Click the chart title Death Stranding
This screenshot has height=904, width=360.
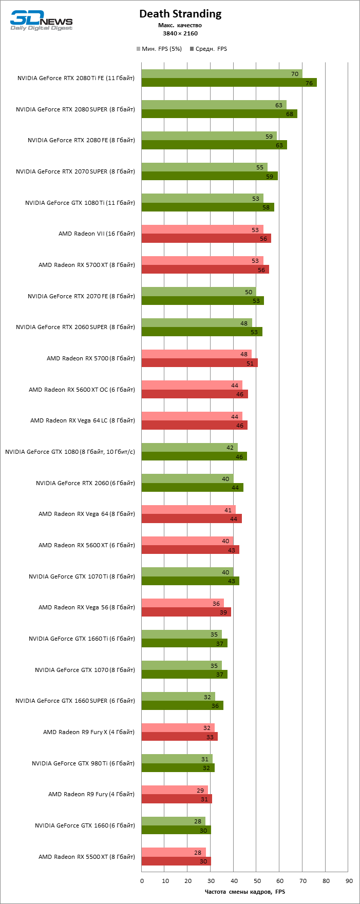180,14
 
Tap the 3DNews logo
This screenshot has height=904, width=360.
41,21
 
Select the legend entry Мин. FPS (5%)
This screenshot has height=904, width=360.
159,49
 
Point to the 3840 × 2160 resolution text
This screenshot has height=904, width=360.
180,33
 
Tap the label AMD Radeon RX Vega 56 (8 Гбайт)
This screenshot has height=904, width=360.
87,607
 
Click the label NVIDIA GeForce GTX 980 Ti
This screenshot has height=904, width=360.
83,763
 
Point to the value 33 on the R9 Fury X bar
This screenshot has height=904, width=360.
210,737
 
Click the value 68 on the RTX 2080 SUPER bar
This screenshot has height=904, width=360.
290,114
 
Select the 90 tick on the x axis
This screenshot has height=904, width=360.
349,881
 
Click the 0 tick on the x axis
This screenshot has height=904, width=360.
142,881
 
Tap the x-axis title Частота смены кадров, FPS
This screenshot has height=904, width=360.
244,892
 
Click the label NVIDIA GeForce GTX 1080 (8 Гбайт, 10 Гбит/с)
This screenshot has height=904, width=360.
70,452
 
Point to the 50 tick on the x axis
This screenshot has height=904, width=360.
257,881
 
